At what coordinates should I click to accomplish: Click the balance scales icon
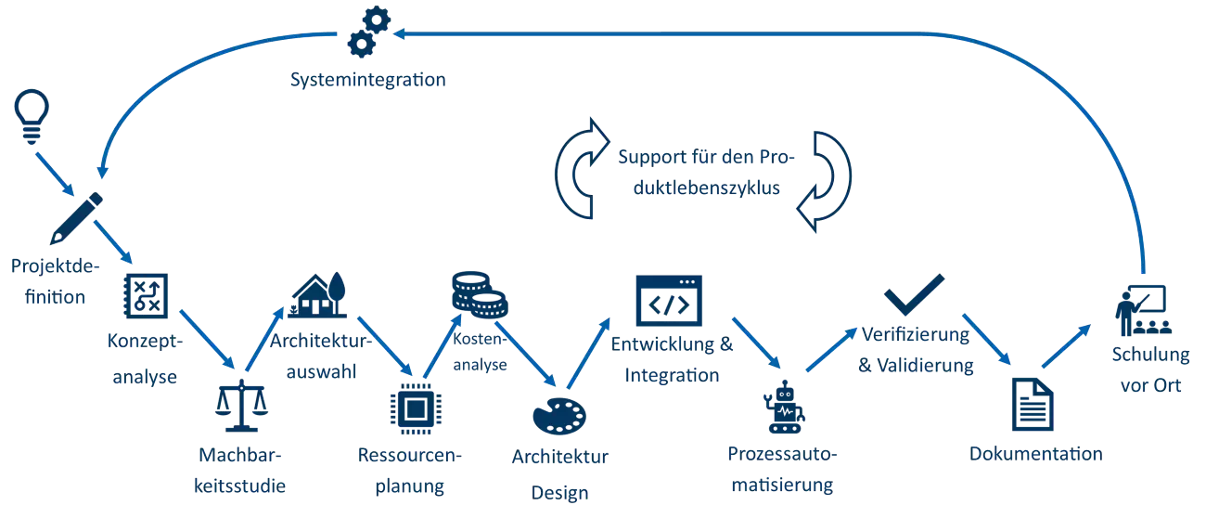[x=239, y=406]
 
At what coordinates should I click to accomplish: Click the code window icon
[x=669, y=302]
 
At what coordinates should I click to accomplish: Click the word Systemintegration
[x=367, y=80]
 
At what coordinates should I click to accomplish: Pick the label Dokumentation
[x=1035, y=454]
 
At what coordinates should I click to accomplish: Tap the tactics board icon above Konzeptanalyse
[x=147, y=295]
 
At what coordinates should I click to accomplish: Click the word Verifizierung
[x=916, y=334]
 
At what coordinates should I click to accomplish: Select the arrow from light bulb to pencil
[x=56, y=174]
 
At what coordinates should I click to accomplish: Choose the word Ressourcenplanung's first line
[x=409, y=456]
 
